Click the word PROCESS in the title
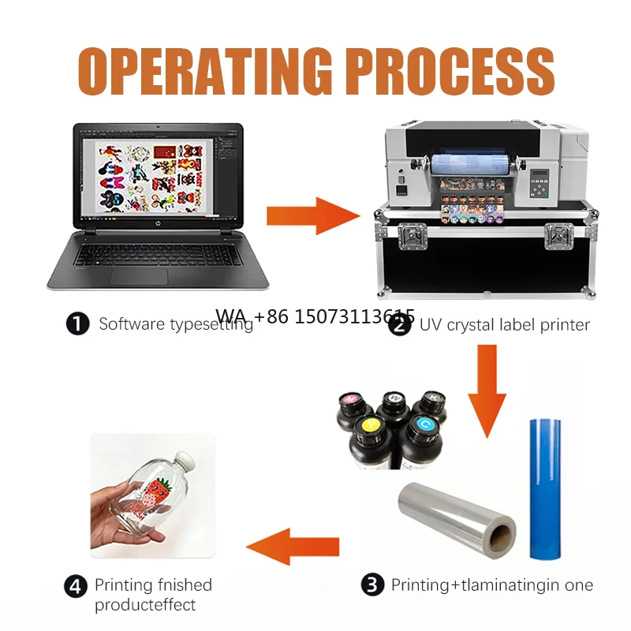[450, 71]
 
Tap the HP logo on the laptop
[157, 223]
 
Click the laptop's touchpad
[140, 277]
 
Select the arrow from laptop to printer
[313, 215]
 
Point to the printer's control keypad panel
[540, 183]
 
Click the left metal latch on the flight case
[413, 236]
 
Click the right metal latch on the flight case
[559, 236]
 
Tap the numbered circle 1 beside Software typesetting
[77, 324]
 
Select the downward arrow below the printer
[487, 391]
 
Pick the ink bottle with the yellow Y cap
[368, 442]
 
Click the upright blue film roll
[545, 489]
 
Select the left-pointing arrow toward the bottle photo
[293, 547]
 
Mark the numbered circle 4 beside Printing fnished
[76, 586]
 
